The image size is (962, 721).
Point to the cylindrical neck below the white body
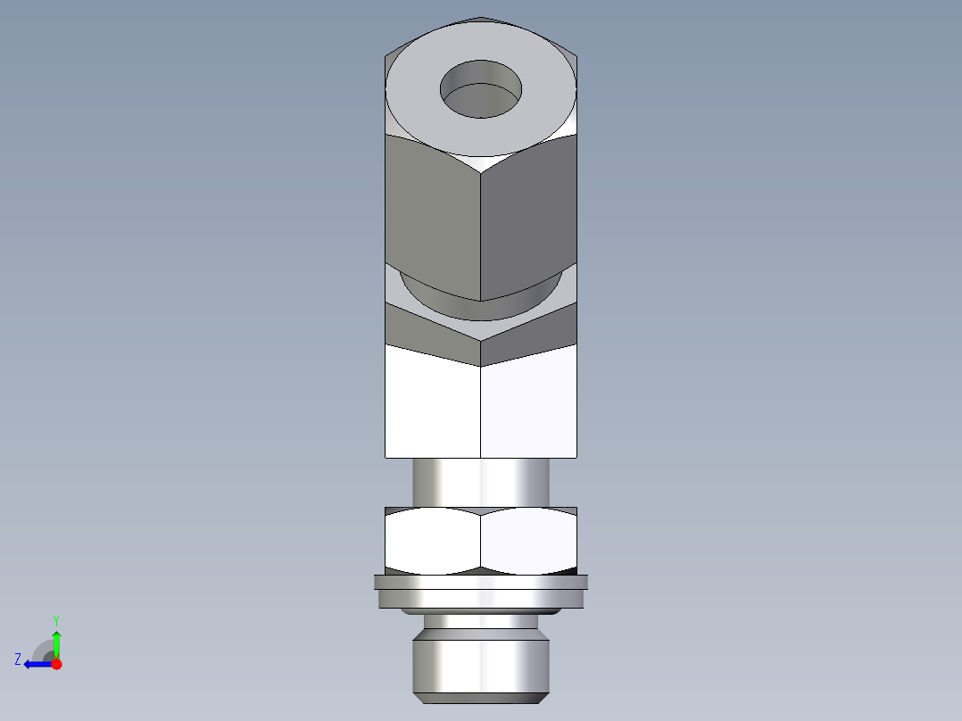tap(481, 482)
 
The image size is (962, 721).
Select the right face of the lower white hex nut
tap(528, 541)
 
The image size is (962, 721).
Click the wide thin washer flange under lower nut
tap(481, 583)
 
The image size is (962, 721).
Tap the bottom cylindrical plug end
tap(481, 665)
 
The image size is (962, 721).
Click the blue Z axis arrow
tap(37, 664)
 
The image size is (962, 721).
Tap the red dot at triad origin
tap(56, 664)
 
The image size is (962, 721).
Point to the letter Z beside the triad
tap(18, 659)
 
